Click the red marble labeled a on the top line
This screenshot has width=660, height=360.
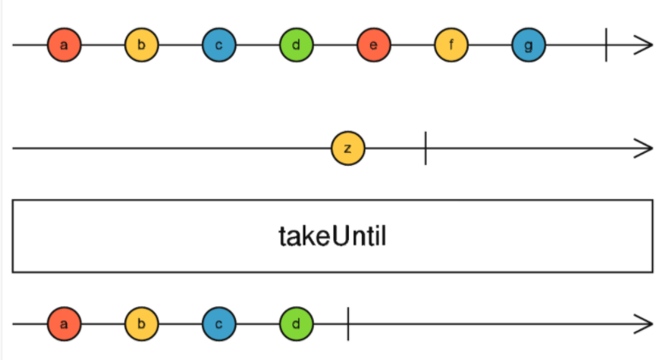coord(64,45)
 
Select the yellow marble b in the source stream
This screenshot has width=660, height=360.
coord(141,45)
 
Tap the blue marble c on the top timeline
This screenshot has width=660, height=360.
coord(219,45)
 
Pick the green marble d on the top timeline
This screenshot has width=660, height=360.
coord(296,45)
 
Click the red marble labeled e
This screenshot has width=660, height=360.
coord(374,45)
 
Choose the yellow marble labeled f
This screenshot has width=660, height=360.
coord(451,45)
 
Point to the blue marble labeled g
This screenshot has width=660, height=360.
coord(528,45)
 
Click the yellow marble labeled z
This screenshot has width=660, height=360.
coord(347,148)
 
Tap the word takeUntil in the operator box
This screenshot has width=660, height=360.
coord(333,236)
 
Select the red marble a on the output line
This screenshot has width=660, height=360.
coord(64,324)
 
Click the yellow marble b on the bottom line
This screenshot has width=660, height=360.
coord(141,324)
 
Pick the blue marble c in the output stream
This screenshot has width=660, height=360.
coord(219,324)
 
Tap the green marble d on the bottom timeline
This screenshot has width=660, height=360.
coord(296,324)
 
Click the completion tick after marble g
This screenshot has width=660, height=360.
coord(606,45)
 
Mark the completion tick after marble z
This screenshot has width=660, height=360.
coord(425,148)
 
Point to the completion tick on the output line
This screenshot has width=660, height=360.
coord(348,324)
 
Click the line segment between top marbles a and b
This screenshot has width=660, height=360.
coord(103,45)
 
